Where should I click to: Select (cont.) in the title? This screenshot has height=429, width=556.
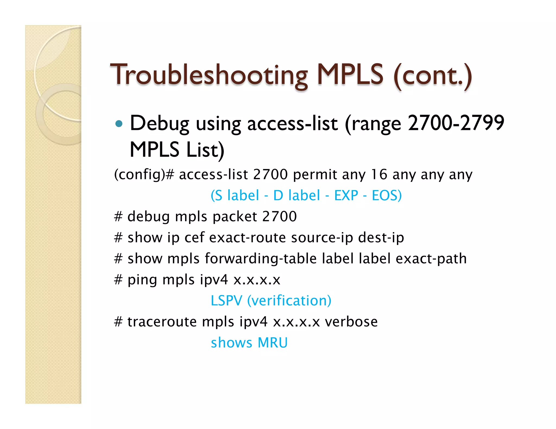click(x=433, y=75)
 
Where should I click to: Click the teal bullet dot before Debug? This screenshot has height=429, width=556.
click(x=119, y=124)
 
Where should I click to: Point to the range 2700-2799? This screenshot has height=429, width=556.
click(x=456, y=123)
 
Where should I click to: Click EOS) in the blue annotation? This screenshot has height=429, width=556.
click(x=387, y=196)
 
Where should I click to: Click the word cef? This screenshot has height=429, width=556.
click(x=194, y=238)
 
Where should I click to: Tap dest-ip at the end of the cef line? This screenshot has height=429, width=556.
click(x=381, y=238)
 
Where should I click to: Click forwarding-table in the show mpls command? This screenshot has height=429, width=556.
click(x=260, y=259)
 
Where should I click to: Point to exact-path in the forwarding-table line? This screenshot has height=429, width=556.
click(x=431, y=259)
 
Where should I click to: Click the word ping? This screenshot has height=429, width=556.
click(x=142, y=280)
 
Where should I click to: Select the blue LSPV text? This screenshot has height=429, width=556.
click(x=226, y=301)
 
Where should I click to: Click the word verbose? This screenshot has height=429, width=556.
click(x=351, y=322)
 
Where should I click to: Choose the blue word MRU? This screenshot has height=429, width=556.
click(x=272, y=343)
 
